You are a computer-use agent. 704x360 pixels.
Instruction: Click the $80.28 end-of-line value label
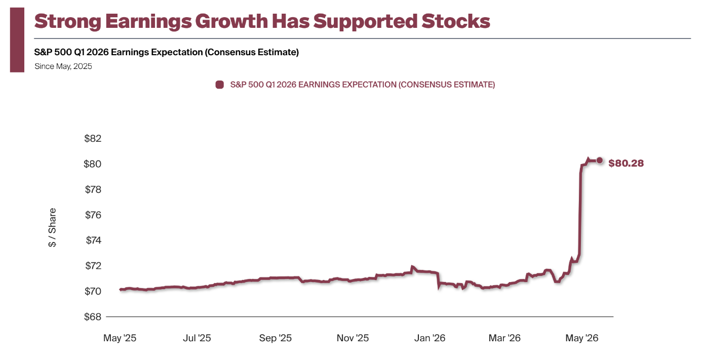[x=626, y=163]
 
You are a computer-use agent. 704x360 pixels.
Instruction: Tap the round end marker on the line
[x=599, y=161]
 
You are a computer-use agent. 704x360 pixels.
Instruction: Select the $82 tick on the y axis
[x=93, y=138]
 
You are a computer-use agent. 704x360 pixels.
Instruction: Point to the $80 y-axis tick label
[x=92, y=164]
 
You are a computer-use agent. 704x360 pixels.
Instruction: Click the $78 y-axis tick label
[x=93, y=189]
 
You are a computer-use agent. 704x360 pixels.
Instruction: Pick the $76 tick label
[x=93, y=215]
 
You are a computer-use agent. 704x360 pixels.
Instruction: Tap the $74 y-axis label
[x=93, y=240]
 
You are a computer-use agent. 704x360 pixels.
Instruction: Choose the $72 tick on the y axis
[x=93, y=266]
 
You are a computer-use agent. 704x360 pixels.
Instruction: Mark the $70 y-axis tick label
[x=93, y=291]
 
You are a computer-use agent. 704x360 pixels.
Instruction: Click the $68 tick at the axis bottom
[x=93, y=316]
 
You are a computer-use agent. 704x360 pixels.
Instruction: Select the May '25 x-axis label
[x=120, y=338]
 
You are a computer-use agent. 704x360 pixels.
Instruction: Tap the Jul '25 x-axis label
[x=197, y=338]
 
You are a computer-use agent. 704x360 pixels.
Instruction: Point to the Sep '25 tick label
[x=276, y=338]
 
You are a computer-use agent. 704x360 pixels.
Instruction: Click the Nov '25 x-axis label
[x=353, y=338]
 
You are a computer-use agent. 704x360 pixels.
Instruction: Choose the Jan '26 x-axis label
[x=429, y=338]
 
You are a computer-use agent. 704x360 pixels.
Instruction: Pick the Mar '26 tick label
[x=504, y=338]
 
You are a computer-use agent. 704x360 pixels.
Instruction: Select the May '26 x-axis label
[x=582, y=338]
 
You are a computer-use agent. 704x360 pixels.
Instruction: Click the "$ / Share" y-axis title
[x=52, y=227]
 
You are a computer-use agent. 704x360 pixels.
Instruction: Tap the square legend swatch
[x=220, y=85]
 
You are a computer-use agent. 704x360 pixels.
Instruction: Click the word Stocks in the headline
[x=456, y=21]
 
